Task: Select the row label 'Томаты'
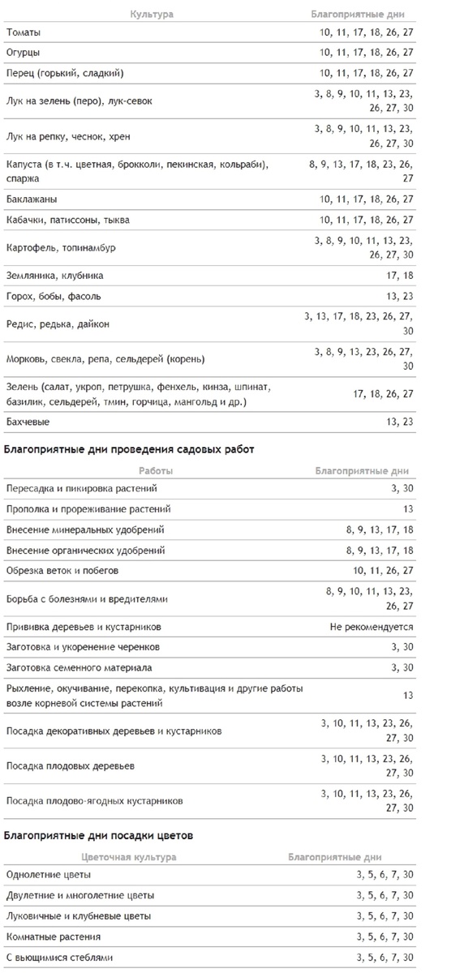pos(23,32)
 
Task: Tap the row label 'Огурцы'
pos(23,53)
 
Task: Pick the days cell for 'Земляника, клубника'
pos(401,276)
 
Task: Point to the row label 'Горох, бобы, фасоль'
pos(53,296)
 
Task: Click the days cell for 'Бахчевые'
pos(401,422)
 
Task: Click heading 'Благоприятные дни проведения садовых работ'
pos(129,449)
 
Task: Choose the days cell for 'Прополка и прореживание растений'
pos(407,509)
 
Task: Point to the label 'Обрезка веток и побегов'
pos(62,571)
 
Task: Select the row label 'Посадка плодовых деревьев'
pos(70,765)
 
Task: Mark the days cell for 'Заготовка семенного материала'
pos(402,668)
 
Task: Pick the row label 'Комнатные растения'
pos(54,937)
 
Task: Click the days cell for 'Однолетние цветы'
pos(385,875)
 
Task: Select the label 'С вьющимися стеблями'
pos(59,958)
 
